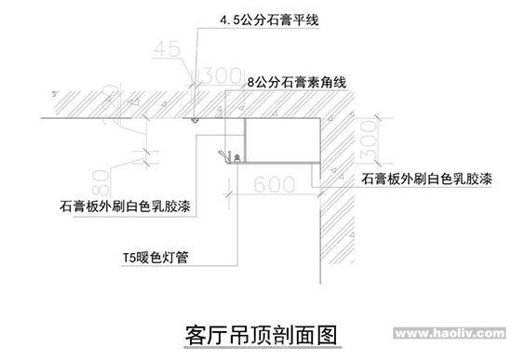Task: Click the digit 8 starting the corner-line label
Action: (252, 83)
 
